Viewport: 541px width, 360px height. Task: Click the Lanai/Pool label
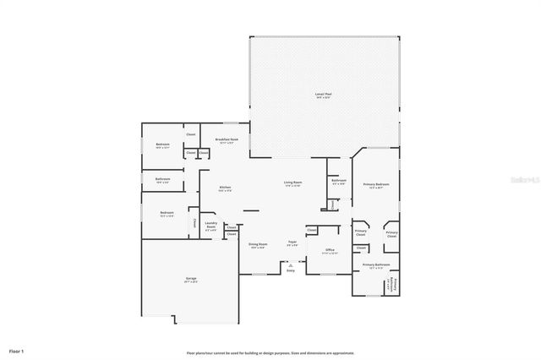pyautogui.click(x=323, y=95)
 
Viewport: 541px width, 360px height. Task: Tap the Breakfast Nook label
pyautogui.click(x=226, y=140)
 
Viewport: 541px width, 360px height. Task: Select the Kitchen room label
pyautogui.click(x=225, y=188)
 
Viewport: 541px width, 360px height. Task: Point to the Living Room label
pyautogui.click(x=292, y=183)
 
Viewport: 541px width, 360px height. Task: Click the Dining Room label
pyautogui.click(x=257, y=246)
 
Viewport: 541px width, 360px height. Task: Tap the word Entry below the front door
pyautogui.click(x=291, y=270)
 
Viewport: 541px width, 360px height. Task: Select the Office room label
pyautogui.click(x=330, y=250)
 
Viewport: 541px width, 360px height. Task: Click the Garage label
pyautogui.click(x=192, y=279)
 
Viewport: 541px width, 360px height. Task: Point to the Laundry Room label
pyautogui.click(x=210, y=226)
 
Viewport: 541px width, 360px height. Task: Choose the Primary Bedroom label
pyautogui.click(x=376, y=185)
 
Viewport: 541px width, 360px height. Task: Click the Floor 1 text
pyautogui.click(x=17, y=350)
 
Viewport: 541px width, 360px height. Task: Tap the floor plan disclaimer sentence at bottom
pyautogui.click(x=270, y=352)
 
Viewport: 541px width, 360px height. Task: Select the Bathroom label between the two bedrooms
pyautogui.click(x=162, y=179)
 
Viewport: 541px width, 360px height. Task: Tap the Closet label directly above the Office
pyautogui.click(x=312, y=230)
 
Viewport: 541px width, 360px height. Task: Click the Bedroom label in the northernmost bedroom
pyautogui.click(x=162, y=145)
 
